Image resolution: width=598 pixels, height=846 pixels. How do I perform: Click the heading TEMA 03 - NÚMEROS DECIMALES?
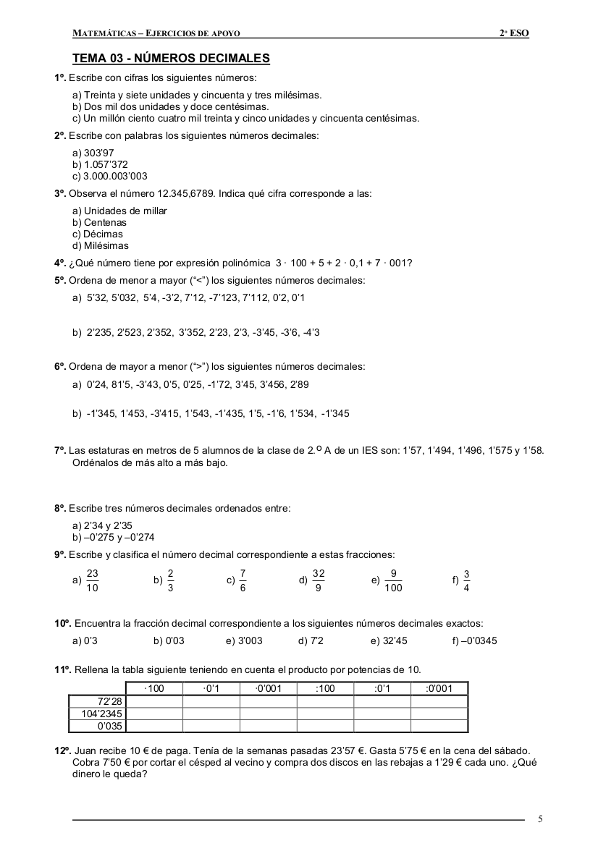171,59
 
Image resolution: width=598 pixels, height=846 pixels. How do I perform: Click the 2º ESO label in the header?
514,33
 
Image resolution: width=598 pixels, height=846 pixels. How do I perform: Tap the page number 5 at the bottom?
541,818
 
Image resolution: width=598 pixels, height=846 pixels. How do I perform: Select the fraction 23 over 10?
92,580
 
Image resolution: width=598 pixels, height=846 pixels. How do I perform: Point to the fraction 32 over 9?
319,580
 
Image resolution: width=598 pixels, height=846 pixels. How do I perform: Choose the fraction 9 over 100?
393,580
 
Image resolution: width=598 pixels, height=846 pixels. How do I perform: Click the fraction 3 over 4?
466,580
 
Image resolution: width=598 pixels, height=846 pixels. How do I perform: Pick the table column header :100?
325,688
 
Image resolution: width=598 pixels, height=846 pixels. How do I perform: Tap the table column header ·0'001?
269,688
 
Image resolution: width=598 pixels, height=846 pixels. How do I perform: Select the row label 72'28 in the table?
110,701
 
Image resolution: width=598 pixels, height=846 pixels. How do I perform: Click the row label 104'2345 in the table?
101,714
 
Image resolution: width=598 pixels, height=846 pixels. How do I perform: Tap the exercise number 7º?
60,450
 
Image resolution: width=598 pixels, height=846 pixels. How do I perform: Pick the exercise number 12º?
62,750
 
